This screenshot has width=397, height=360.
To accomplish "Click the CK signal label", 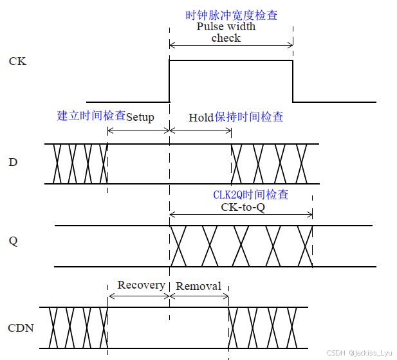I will tap(17, 62).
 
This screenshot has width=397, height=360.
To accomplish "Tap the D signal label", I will tap(13, 163).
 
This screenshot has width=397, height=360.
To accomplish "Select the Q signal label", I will tap(13, 242).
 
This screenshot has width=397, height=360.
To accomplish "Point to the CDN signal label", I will tap(21, 328).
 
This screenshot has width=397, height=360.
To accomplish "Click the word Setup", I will tap(140, 118).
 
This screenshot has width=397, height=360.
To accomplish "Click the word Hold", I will tap(201, 118).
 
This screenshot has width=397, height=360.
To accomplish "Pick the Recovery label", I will tap(141, 285).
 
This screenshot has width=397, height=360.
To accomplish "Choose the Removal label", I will tap(198, 286).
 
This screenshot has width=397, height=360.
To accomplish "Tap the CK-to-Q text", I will tap(243, 208).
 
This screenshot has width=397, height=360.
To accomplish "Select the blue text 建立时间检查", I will tap(91, 116).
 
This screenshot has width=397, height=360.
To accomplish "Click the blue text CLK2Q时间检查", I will tap(251, 195).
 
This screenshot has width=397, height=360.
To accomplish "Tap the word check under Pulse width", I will tap(226, 38).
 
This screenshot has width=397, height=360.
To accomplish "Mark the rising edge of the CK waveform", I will tap(169, 81).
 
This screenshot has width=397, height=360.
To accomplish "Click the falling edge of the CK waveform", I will tap(293, 81).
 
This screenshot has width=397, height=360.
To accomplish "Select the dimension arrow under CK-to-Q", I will tap(241, 215).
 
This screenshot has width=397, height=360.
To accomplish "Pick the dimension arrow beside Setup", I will tap(138, 131).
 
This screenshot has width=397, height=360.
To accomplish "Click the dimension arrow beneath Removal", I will tap(199, 296).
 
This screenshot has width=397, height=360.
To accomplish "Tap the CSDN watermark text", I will tap(359, 353).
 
